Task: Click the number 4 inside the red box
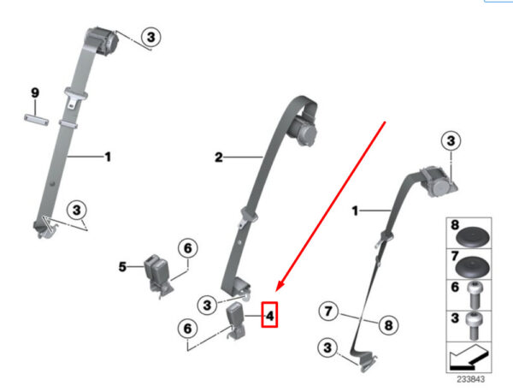click(269, 316)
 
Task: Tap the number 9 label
click(35, 92)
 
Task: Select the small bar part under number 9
click(37, 119)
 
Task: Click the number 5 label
click(122, 266)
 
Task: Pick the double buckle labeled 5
click(157, 276)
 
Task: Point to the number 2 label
click(219, 157)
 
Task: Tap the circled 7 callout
click(328, 311)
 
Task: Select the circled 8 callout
click(388, 325)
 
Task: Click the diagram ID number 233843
click(471, 379)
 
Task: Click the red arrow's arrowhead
click(280, 285)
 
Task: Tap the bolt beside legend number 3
click(475, 325)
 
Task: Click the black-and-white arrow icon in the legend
click(469, 358)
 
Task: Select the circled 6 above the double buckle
click(188, 248)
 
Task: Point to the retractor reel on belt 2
click(303, 130)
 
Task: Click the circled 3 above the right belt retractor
click(451, 141)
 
